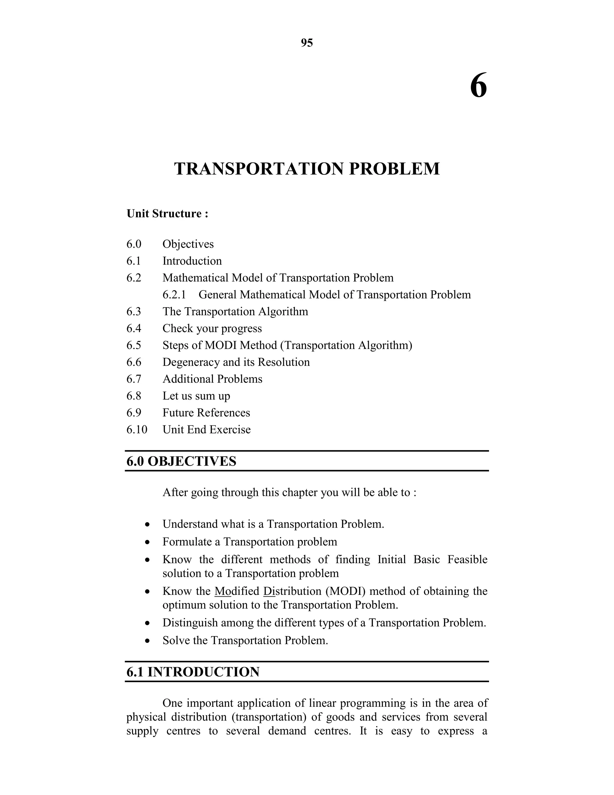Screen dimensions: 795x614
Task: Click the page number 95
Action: click(x=307, y=43)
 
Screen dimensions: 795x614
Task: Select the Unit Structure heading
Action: click(x=167, y=213)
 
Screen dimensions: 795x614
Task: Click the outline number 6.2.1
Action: click(x=174, y=295)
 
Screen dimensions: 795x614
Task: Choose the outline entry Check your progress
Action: click(x=212, y=328)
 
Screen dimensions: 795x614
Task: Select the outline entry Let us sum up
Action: click(x=196, y=396)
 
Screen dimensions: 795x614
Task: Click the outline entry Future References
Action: click(x=206, y=413)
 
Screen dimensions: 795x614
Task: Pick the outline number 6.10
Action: click(x=137, y=430)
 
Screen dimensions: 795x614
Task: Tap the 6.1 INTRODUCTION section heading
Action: click(x=193, y=672)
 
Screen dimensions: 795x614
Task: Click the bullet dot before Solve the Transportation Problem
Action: click(x=147, y=641)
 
